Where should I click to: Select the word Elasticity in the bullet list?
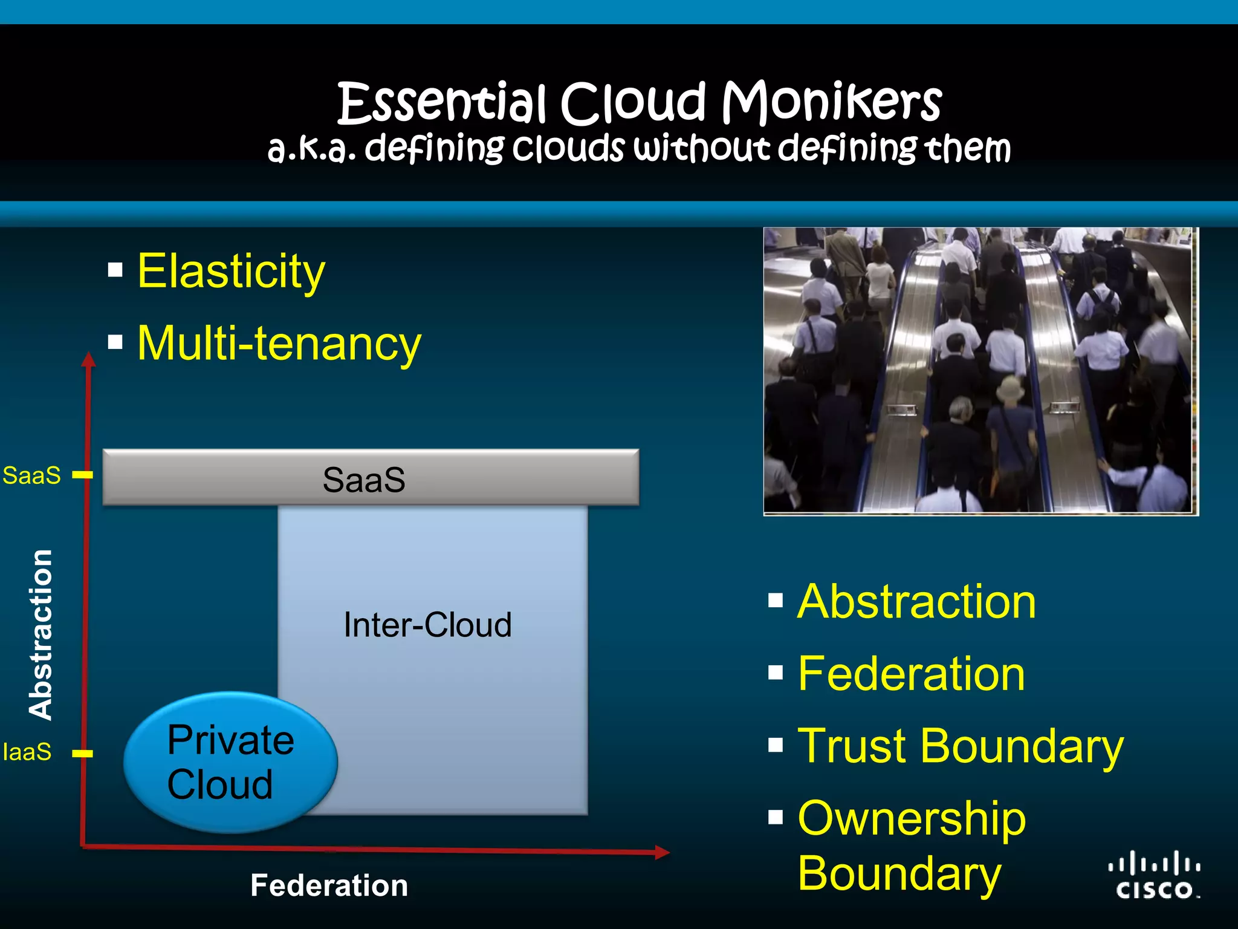(x=231, y=272)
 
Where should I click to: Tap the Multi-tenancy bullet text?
(x=279, y=344)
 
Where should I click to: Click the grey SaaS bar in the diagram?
(x=371, y=478)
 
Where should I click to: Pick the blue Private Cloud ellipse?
(x=230, y=761)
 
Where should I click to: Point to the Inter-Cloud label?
(x=427, y=625)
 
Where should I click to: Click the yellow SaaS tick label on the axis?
(x=31, y=475)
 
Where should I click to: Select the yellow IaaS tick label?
(x=27, y=752)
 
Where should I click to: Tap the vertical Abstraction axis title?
(x=41, y=634)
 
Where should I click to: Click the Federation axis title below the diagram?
(x=329, y=885)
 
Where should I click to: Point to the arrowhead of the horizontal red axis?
(x=663, y=852)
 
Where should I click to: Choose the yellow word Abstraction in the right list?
(x=916, y=602)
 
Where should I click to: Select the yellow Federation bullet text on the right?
(x=912, y=674)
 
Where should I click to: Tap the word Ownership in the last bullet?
(x=912, y=819)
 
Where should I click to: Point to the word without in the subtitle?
(x=701, y=148)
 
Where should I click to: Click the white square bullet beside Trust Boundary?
(x=776, y=745)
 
